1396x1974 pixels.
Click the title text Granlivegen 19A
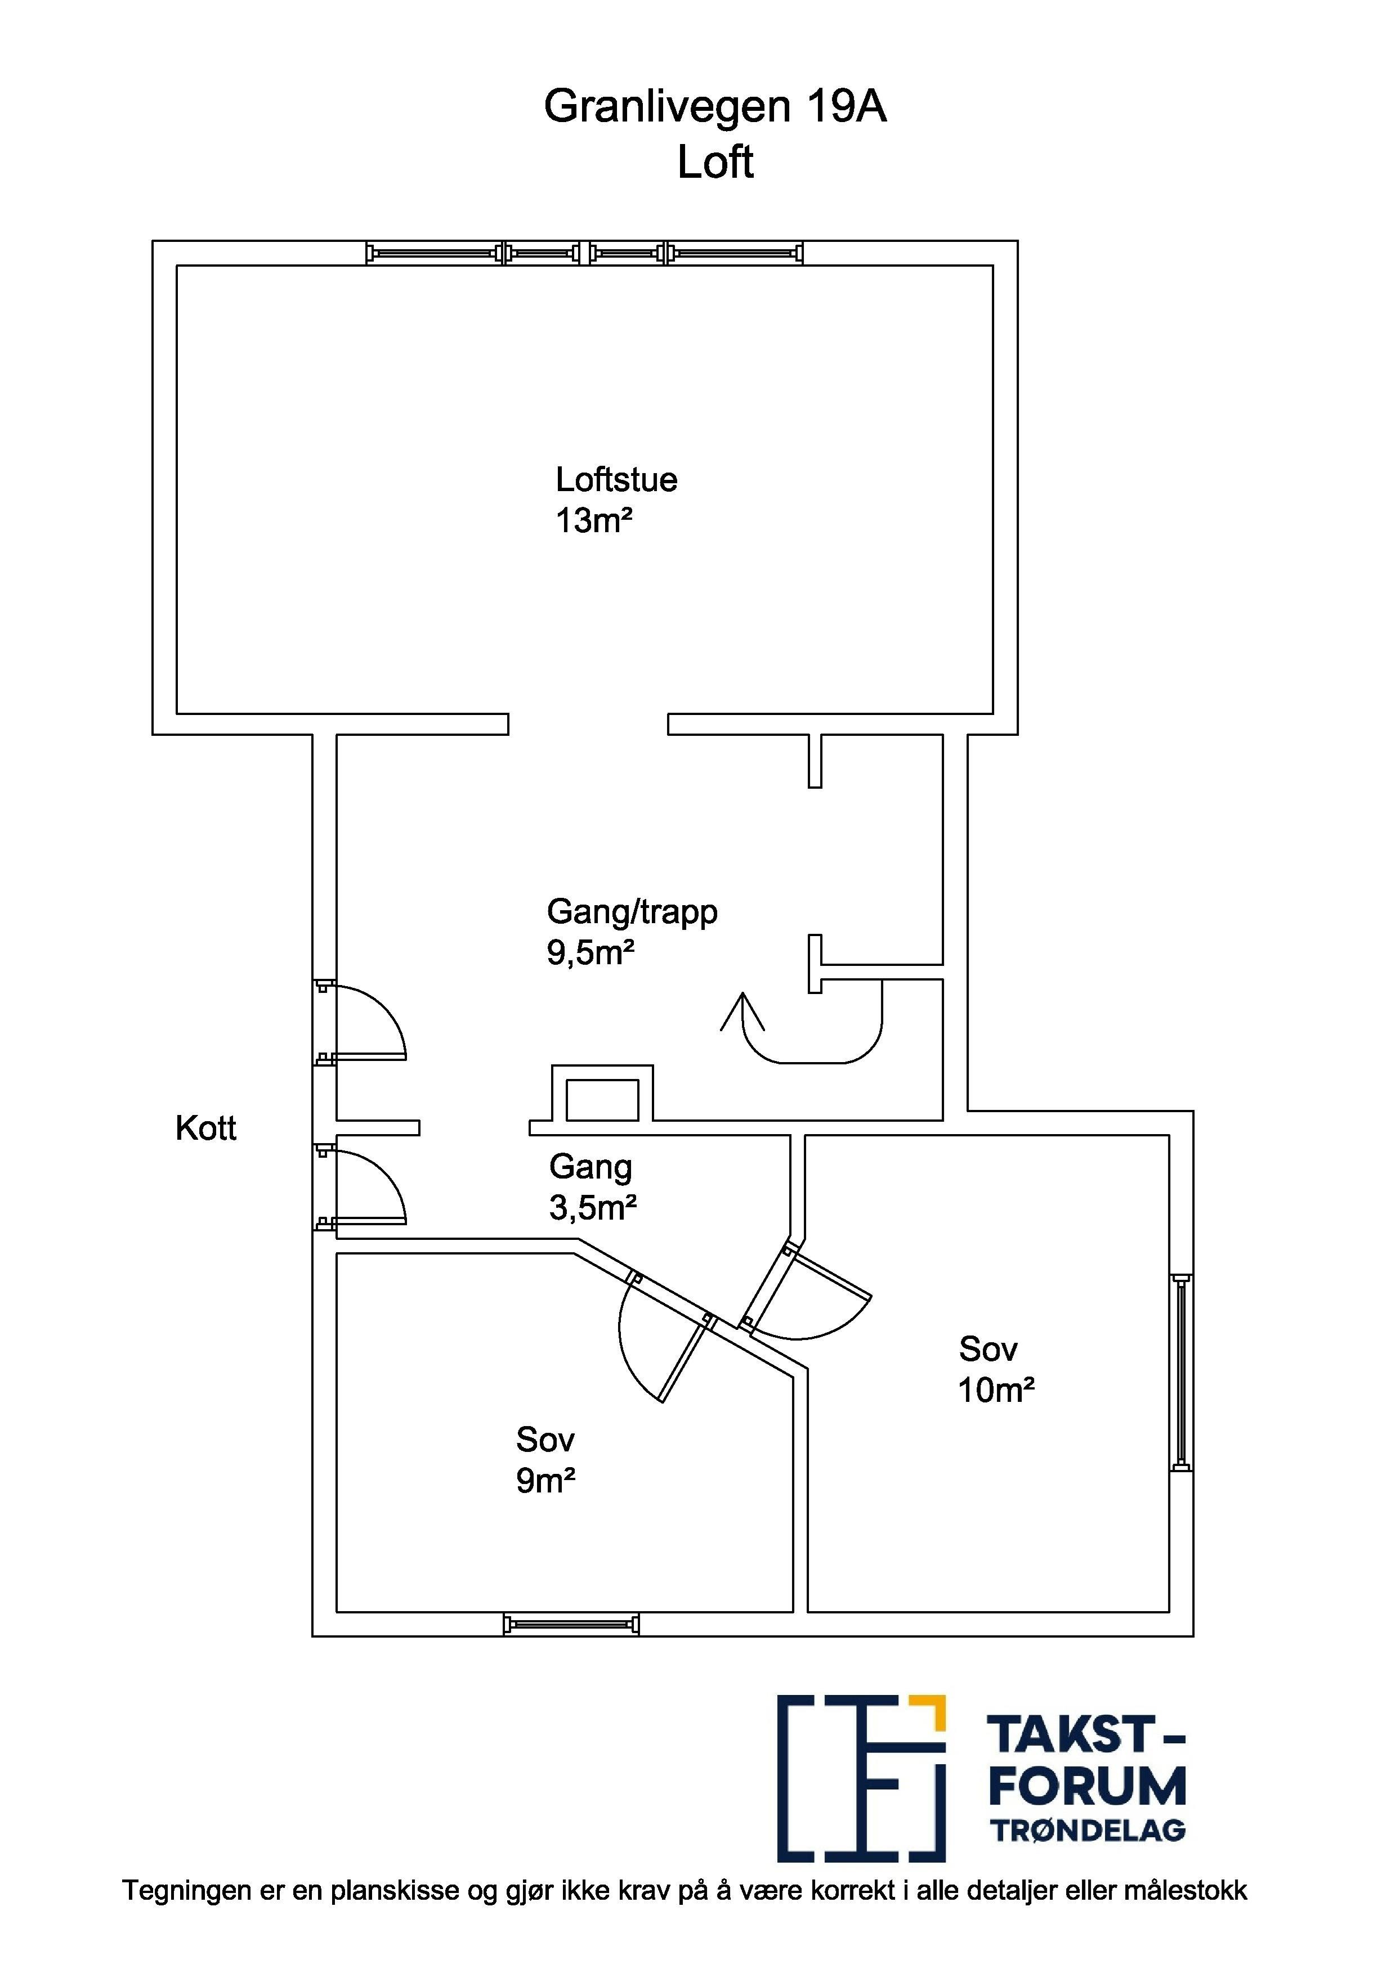coord(715,107)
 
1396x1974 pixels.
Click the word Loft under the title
coord(715,161)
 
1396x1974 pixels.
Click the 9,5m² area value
coord(591,952)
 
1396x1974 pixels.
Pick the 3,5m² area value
coord(593,1208)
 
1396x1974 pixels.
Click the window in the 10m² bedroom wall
coord(1181,1373)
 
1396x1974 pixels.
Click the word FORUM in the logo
coord(1087,1787)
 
